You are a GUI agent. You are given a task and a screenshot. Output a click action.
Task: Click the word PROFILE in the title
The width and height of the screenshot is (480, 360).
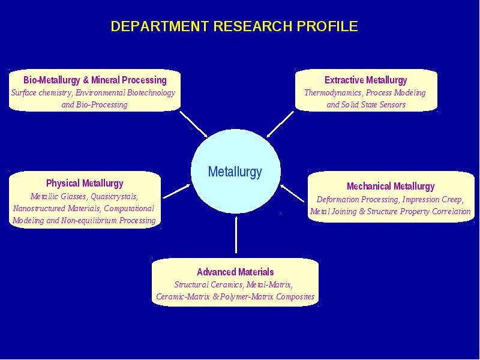coord(327,26)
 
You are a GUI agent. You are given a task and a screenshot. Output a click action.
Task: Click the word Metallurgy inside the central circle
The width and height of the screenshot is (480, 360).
coord(235,172)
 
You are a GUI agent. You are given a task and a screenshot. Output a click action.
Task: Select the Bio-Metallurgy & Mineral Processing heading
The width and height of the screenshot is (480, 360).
coord(95,80)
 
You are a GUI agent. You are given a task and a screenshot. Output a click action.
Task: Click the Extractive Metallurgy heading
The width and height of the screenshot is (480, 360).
coord(366,80)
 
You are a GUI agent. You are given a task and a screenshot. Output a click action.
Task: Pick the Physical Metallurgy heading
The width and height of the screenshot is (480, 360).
coord(85,184)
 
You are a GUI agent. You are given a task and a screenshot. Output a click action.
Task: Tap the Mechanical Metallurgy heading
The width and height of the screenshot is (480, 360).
coord(391,186)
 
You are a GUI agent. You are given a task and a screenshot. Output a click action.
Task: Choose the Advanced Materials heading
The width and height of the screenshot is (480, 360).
coord(235,272)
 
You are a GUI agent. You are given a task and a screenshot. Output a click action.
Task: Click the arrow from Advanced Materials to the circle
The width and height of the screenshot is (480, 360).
coord(236,235)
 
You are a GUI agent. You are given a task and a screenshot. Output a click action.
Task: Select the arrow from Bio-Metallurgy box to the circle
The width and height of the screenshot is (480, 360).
coord(193,124)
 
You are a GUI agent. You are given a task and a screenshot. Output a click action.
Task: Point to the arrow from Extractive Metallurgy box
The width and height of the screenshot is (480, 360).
coord(280,124)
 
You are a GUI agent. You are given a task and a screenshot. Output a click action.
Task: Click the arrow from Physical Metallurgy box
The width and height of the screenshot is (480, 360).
coord(176,191)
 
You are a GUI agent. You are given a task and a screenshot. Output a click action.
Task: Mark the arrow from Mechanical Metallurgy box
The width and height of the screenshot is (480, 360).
coord(292,193)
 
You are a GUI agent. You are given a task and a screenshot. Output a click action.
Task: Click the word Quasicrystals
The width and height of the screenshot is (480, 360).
coord(114,196)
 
